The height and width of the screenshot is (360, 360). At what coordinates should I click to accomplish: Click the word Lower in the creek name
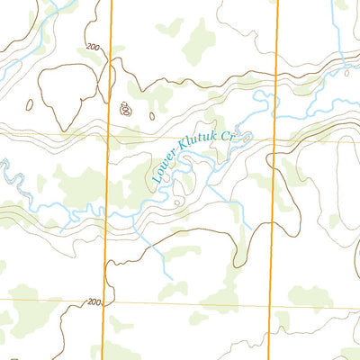[x=166, y=167]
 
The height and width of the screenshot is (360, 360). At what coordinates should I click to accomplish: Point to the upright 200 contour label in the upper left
[x=93, y=47]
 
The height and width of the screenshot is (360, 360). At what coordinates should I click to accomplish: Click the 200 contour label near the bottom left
[x=94, y=303]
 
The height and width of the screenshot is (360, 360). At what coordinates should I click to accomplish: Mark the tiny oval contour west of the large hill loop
[x=29, y=104]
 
